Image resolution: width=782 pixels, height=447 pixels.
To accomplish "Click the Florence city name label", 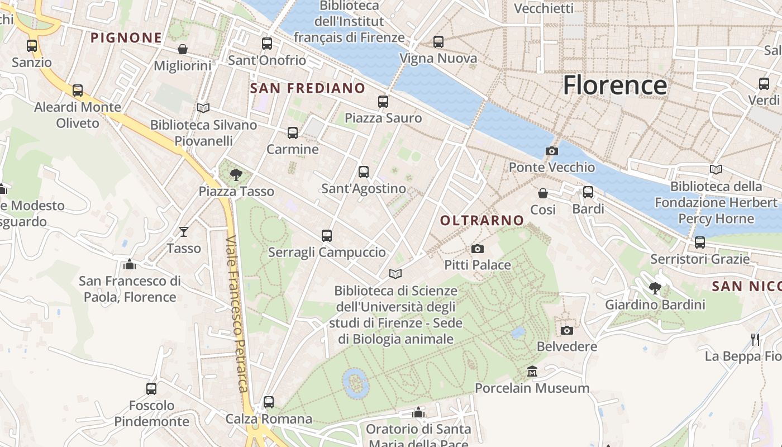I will [x=614, y=85].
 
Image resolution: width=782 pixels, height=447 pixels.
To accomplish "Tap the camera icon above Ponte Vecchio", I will [x=551, y=151].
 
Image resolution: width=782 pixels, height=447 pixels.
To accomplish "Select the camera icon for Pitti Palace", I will [x=478, y=249].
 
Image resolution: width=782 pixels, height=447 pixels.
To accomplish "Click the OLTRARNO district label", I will [x=482, y=221].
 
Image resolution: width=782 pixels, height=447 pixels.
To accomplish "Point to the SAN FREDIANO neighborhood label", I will [x=307, y=88].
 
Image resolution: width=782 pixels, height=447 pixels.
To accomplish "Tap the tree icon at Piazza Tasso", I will [x=236, y=175].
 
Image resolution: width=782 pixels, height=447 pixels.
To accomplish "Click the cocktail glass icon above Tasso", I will [x=184, y=231].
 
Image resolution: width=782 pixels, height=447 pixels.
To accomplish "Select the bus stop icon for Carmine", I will [x=293, y=133].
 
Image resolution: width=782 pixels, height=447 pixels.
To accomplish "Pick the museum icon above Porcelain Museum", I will [x=532, y=372].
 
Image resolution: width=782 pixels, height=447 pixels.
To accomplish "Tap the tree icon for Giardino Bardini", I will [x=655, y=288].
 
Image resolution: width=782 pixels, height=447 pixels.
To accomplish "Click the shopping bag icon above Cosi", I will [x=543, y=193].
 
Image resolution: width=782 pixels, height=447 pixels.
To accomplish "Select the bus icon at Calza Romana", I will [x=269, y=402].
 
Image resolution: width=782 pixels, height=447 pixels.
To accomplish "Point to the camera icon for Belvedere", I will [x=567, y=330].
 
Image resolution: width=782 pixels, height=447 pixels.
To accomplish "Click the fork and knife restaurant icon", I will [x=755, y=339].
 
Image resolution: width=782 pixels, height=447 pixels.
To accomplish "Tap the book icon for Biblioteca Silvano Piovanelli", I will [x=203, y=108].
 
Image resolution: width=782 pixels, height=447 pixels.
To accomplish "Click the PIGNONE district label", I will [x=126, y=38].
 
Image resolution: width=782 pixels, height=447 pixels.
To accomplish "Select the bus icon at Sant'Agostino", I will [x=364, y=172].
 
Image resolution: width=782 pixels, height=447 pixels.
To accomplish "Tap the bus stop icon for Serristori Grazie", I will [x=699, y=242].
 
